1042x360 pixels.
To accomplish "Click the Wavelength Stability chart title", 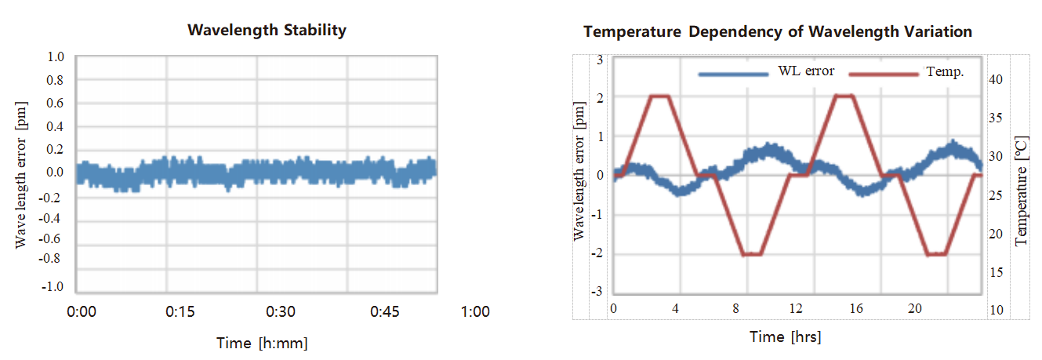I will point(267,31).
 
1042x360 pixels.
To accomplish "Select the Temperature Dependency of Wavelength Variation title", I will point(778,32).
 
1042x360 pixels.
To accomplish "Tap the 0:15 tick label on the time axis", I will point(180,311).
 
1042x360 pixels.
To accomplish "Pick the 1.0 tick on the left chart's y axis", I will point(56,56).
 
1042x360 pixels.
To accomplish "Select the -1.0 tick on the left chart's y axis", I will point(54,287).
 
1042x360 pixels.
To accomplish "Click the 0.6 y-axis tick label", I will point(56,103).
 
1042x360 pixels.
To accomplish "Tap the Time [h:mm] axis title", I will point(262,343).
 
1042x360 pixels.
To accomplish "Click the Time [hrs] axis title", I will point(785,337).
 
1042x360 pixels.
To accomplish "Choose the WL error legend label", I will point(806,71).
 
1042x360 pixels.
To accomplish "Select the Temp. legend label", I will point(945,71).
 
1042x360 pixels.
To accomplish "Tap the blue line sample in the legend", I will point(733,74).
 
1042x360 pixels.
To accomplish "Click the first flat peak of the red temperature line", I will point(660,96).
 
